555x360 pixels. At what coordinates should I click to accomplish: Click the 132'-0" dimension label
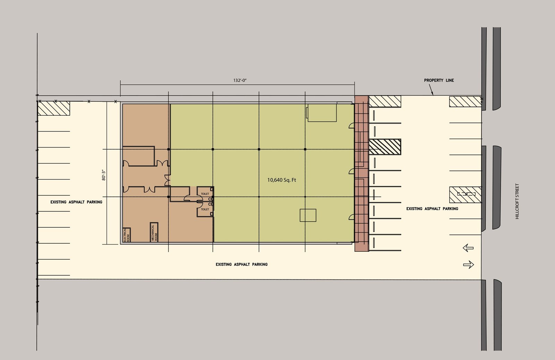click(240, 80)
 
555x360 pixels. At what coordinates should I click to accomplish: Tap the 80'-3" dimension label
click(104, 175)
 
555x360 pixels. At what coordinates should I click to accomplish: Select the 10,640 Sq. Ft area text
click(281, 180)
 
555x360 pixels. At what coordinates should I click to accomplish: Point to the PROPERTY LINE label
click(439, 80)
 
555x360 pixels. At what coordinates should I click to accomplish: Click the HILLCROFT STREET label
click(517, 201)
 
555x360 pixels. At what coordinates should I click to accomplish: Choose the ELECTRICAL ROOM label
click(126, 235)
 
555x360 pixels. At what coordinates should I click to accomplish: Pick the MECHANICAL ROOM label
click(154, 233)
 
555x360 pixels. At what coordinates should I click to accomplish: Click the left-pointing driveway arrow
click(468, 248)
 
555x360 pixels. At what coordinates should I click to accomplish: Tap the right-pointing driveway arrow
click(469, 265)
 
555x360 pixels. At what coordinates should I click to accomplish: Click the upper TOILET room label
click(205, 194)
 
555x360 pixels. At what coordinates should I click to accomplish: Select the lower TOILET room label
click(205, 209)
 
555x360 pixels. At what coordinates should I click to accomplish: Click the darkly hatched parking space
click(385, 147)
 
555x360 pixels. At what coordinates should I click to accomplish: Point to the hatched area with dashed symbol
click(465, 195)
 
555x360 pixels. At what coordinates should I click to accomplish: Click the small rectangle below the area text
click(308, 215)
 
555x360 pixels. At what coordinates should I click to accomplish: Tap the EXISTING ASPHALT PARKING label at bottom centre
click(241, 264)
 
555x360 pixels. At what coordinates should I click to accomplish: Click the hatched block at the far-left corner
click(53, 108)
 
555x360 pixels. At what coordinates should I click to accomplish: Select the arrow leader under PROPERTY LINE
click(431, 90)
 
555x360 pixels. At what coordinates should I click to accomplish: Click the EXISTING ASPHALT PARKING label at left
click(76, 202)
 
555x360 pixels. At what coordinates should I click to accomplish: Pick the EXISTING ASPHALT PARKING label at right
click(432, 209)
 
